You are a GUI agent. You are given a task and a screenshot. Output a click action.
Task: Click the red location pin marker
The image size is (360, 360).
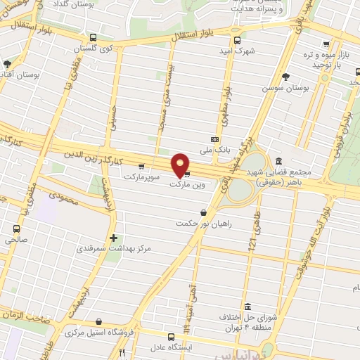point(181,166)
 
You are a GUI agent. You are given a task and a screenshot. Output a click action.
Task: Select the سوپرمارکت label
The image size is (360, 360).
point(143,176)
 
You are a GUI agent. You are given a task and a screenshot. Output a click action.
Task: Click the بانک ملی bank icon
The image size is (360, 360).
point(214,139)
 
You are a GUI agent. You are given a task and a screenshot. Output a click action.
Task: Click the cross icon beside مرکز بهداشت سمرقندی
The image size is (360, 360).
point(113,238)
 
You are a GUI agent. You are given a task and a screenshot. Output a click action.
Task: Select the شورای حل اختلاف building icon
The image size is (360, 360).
point(249,307)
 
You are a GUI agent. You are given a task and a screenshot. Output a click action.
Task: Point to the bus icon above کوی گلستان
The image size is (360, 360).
point(94,38)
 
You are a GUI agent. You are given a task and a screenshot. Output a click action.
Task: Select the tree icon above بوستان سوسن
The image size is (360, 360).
point(285,77)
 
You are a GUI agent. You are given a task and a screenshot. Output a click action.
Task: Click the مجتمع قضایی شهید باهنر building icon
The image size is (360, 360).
point(280,161)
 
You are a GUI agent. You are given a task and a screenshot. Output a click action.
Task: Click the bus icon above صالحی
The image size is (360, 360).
point(16,228)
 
